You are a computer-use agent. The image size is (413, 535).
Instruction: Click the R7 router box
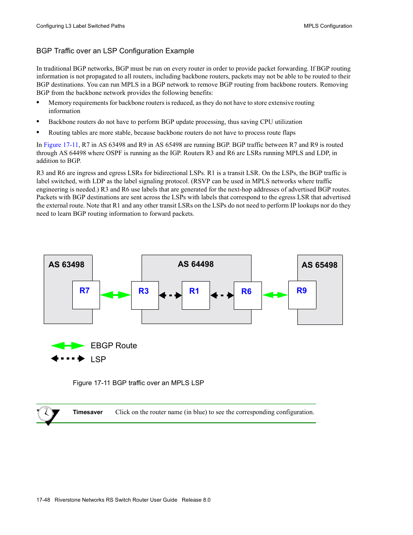click(x=86, y=295)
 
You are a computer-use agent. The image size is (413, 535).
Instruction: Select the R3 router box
click(x=145, y=295)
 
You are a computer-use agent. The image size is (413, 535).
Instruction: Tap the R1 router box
click(x=196, y=295)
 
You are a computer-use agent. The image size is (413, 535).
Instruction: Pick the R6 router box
click(x=248, y=295)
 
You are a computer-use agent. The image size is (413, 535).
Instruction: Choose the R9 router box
click(x=302, y=295)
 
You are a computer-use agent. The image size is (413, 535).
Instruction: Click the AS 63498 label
click(x=66, y=265)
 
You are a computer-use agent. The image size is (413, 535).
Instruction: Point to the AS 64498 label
click(x=196, y=264)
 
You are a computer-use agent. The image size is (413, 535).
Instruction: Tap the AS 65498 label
click(x=319, y=265)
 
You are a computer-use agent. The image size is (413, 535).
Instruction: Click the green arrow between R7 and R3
click(x=115, y=295)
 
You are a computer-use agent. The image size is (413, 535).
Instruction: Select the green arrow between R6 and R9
click(x=275, y=295)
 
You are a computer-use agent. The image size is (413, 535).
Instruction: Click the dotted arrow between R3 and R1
click(x=170, y=295)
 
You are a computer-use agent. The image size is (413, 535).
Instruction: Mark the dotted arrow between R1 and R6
click(x=222, y=295)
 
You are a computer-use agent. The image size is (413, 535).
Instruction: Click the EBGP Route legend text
click(x=114, y=346)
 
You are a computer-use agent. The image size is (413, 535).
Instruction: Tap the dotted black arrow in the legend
click(x=68, y=359)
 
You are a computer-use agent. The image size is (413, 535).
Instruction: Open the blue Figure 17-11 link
click(x=61, y=145)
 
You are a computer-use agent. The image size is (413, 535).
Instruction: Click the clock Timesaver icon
click(x=46, y=415)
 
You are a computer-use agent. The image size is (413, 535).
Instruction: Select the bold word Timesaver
click(x=87, y=412)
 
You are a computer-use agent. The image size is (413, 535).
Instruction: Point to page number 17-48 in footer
click(x=43, y=500)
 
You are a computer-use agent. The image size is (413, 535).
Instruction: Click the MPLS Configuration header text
click(x=328, y=26)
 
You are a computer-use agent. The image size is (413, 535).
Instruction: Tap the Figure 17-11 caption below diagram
click(x=138, y=383)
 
